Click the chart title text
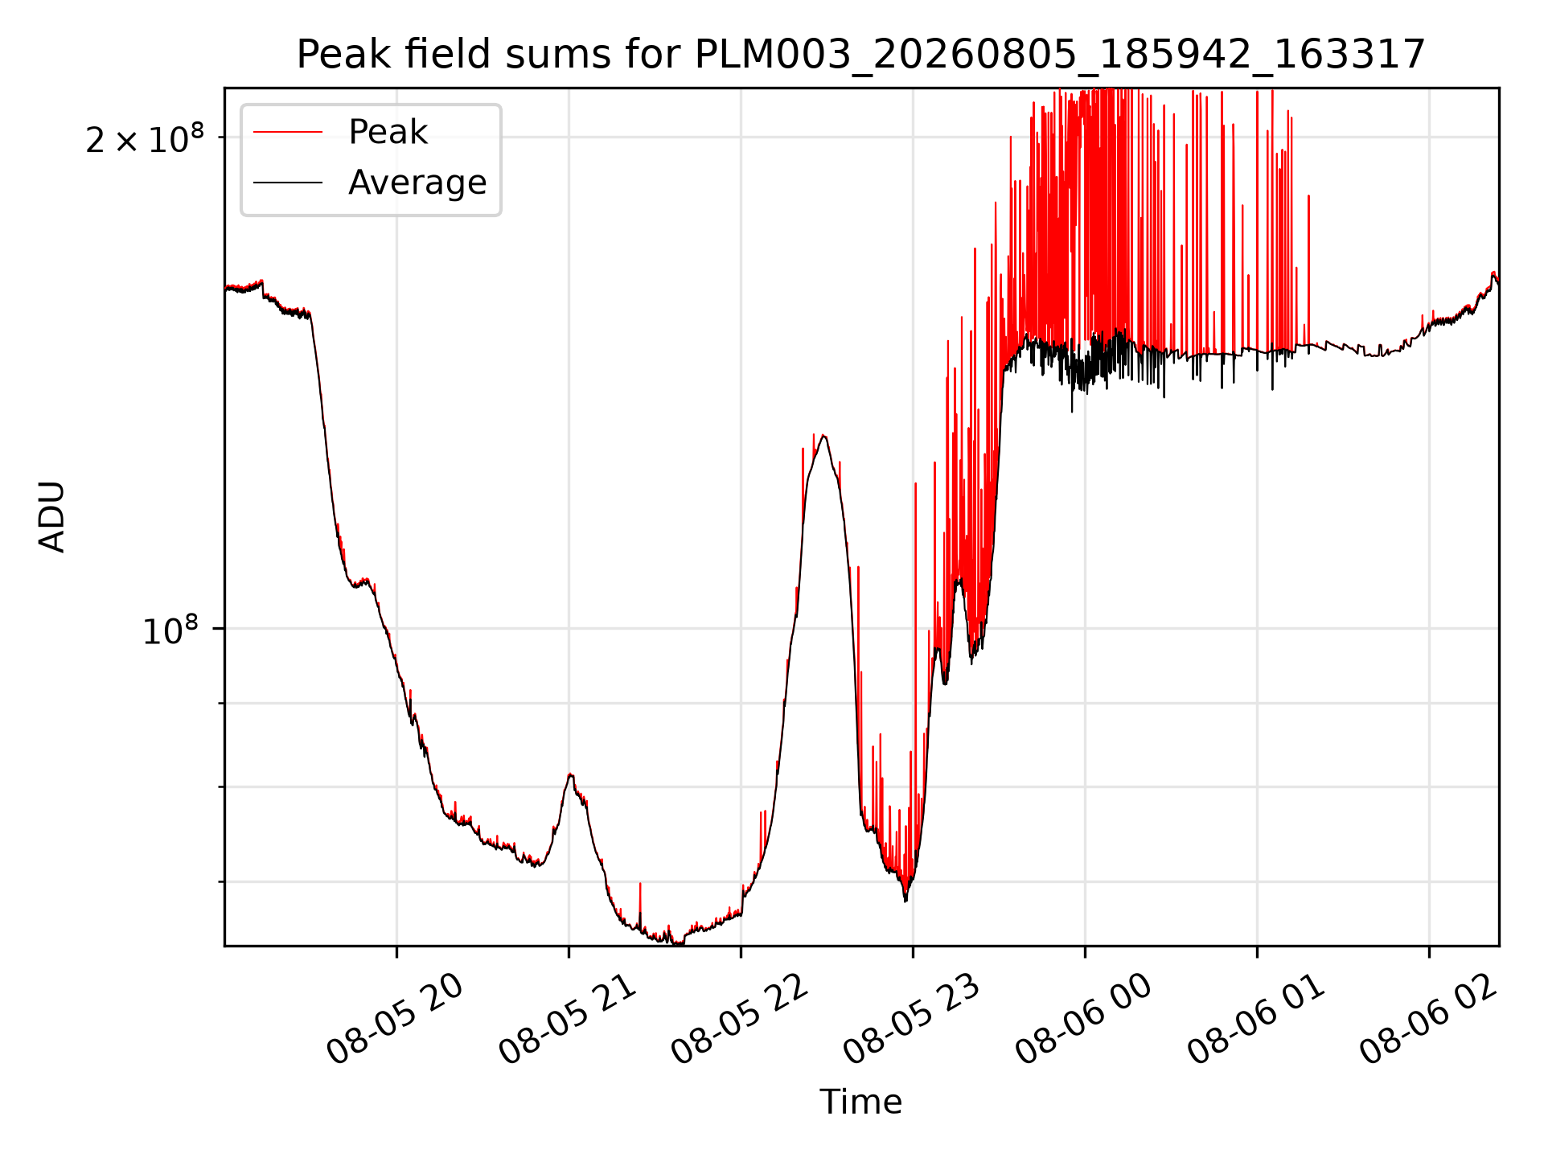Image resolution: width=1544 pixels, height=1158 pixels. pos(860,55)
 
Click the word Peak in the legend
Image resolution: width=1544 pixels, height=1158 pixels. pos(388,132)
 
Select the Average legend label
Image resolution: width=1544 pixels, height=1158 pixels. pos(417,183)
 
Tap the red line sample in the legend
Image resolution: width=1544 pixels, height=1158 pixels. pos(288,133)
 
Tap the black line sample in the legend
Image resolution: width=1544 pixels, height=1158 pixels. pos(288,183)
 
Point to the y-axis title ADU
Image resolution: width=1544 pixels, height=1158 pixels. pos(52,516)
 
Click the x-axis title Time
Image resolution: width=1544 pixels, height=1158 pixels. pos(860,1102)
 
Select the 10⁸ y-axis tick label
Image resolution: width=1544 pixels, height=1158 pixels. pos(170,630)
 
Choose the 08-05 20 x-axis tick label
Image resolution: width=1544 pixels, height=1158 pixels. pos(395,1019)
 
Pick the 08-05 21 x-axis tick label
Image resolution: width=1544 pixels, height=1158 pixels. pos(568,1019)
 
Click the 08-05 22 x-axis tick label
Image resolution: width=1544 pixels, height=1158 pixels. pos(740,1019)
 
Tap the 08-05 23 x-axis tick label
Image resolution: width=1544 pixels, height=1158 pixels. pos(912,1019)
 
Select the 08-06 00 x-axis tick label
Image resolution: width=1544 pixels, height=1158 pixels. pos(1084,1019)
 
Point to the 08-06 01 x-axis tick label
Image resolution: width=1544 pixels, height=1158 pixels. pos(1256,1019)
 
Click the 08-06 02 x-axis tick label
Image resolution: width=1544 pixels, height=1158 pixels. pos(1428,1019)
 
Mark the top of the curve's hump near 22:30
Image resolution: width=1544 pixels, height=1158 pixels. pos(823,436)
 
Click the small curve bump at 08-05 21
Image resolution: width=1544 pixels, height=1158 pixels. pos(570,775)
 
